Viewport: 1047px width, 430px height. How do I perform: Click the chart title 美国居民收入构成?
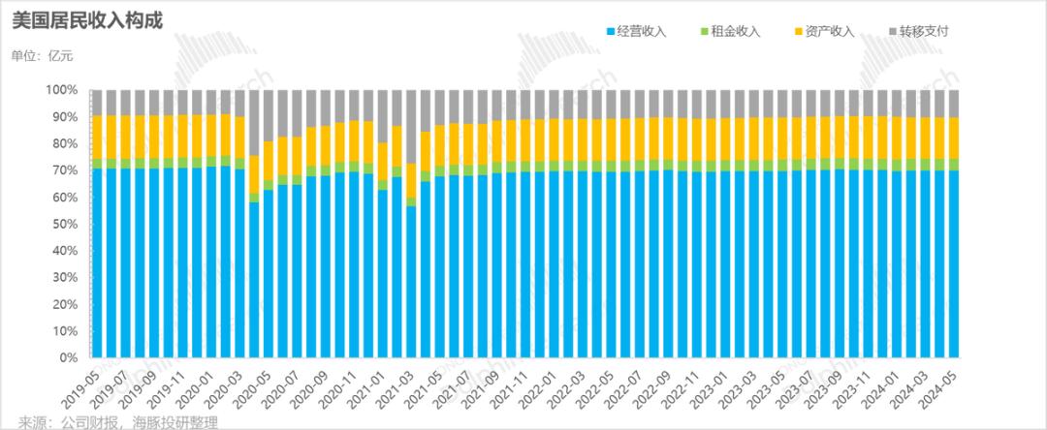[x=68, y=18]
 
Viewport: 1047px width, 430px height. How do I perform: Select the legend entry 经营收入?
[x=642, y=31]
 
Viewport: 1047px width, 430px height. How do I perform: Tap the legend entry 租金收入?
[x=736, y=31]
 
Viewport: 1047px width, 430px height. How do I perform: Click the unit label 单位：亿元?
[x=42, y=55]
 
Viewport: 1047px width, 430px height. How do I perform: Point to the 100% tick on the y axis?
[x=61, y=90]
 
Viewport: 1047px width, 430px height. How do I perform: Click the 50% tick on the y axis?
[x=65, y=224]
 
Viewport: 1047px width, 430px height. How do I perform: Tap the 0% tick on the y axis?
[x=68, y=357]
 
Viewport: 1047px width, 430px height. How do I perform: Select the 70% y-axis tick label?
[x=65, y=170]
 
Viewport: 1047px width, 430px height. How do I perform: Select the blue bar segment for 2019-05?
[x=97, y=261]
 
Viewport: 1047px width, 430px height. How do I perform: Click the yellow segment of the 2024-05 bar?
[x=954, y=138]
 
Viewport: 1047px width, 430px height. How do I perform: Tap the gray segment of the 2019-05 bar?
[x=97, y=103]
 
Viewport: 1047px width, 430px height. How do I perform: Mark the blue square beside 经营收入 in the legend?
[x=610, y=32]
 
